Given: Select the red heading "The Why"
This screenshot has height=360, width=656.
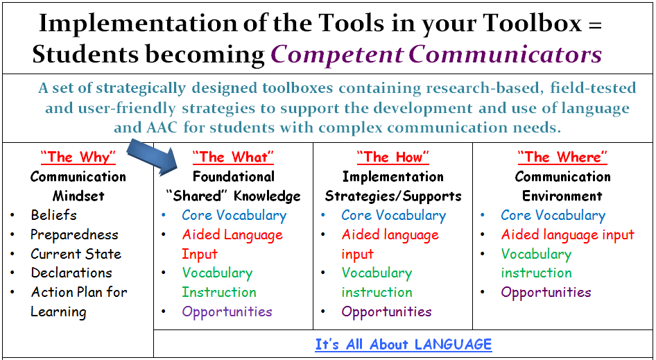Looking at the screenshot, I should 78,157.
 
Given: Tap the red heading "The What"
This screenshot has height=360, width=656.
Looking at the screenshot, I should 233,157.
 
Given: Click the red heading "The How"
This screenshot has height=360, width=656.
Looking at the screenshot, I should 393,157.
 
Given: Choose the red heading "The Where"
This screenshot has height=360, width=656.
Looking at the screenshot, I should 562,157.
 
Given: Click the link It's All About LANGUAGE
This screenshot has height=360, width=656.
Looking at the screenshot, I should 403,344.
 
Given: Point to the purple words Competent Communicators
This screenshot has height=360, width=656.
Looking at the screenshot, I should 435,54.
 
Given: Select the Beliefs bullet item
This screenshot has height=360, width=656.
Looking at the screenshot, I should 53,215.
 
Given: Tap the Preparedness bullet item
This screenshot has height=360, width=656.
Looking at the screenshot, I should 74,234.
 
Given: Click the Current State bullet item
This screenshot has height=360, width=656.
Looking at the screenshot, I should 76,254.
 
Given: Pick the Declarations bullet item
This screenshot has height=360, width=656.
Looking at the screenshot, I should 71,273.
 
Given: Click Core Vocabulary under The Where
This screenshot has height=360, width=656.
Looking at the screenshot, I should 553,216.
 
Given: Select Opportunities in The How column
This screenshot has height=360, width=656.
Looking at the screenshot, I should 386,311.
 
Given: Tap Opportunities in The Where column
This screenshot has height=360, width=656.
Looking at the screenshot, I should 546,292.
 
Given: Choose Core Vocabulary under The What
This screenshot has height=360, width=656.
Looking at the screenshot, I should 234,216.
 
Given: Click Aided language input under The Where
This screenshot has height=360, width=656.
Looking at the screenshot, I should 567,235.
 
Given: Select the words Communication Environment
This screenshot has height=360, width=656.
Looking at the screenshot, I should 562,186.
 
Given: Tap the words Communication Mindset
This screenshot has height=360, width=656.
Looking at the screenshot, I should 78,186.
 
